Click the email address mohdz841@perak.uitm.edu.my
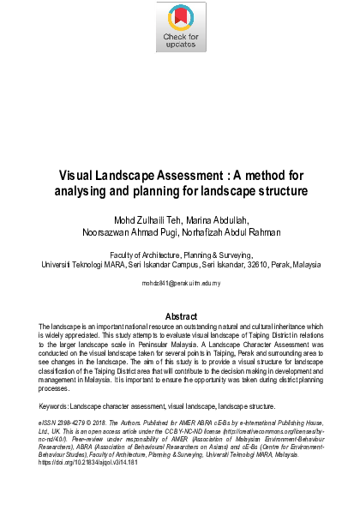pos(180,282)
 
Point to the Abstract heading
pos(180,316)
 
